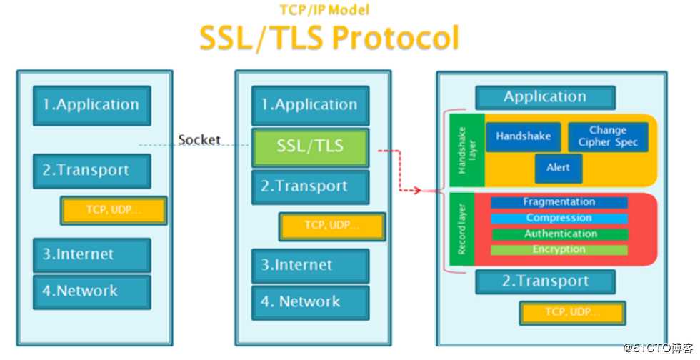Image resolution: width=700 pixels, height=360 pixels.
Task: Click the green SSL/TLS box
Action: pos(310,147)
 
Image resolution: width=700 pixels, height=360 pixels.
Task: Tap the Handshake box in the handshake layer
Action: pos(524,136)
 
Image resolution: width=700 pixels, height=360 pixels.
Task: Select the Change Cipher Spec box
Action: pos(608,136)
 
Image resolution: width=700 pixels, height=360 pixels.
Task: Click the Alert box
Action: pos(559,168)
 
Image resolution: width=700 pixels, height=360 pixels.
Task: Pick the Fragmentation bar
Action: pos(559,203)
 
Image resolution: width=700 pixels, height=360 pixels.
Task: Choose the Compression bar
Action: pos(559,219)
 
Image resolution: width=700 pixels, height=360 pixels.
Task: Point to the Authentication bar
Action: pos(560,234)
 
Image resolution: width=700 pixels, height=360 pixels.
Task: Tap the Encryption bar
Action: pos(559,250)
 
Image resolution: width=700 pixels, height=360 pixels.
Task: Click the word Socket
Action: pos(199,140)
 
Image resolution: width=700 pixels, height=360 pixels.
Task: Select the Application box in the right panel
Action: pos(545,97)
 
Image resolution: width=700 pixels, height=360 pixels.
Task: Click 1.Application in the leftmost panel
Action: pos(91,105)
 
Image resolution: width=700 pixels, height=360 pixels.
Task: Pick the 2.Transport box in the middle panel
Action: pos(310,187)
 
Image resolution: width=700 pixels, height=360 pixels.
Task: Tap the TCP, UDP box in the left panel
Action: pos(114,210)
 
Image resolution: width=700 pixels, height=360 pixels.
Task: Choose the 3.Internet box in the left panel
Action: pos(91,254)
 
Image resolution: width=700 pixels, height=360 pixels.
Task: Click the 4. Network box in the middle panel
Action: pos(310,302)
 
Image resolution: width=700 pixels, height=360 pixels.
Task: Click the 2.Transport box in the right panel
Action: pos(546,281)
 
